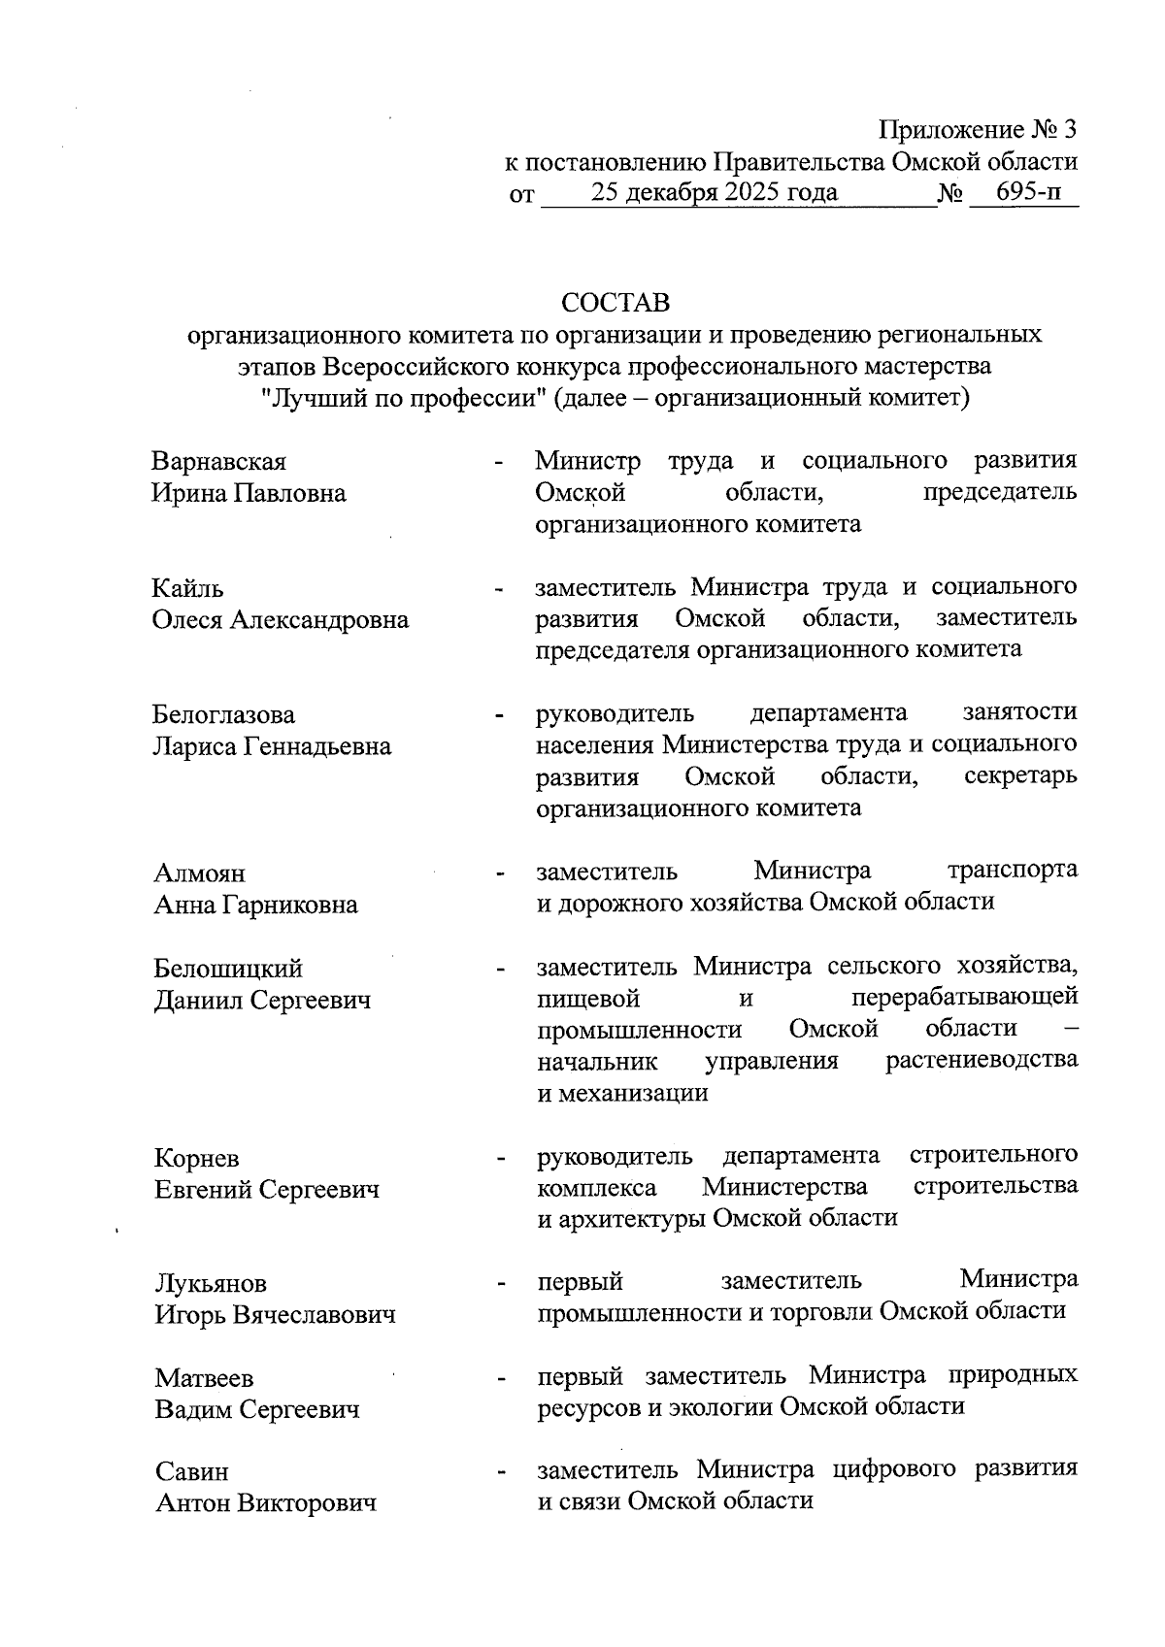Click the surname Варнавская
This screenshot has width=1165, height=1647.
pos(219,462)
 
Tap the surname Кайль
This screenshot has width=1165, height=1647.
pos(188,588)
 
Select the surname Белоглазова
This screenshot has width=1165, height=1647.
pos(224,715)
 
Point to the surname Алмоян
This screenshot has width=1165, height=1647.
pos(200,873)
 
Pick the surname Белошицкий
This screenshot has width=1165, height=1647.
pos(228,969)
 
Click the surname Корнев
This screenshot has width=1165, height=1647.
pos(197,1159)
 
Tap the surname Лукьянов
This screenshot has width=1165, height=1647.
pos(211,1284)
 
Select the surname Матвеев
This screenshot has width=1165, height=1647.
pos(204,1378)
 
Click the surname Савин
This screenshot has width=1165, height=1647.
pos(192,1472)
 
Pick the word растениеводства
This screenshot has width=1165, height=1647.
pos(982,1060)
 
